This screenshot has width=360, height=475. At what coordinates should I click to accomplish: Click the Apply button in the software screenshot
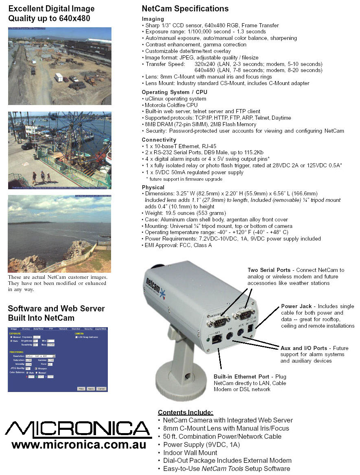(91, 389)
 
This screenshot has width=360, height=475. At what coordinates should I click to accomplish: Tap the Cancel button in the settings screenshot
(101, 389)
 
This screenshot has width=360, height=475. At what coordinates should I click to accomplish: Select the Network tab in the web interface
(63, 328)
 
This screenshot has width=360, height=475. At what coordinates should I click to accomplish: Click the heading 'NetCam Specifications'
(185, 9)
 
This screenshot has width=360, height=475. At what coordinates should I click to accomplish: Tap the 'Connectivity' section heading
(159, 140)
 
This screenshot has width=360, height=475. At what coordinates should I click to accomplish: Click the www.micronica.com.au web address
(79, 444)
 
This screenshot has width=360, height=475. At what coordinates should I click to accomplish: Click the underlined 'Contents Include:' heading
(185, 412)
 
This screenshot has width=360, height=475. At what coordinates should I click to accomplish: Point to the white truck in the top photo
(59, 77)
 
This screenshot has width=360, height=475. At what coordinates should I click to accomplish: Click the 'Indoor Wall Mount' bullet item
(190, 453)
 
